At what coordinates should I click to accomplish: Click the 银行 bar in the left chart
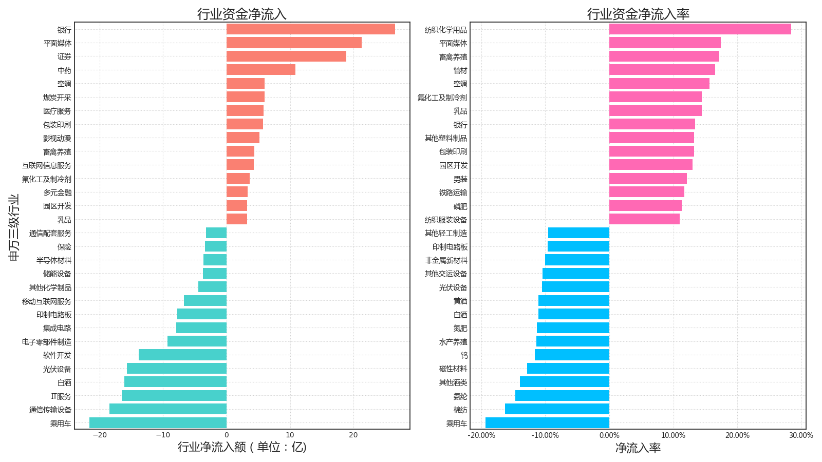310,29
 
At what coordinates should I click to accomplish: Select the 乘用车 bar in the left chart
158,423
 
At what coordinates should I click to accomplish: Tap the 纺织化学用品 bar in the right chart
700,29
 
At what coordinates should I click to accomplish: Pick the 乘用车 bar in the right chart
547,423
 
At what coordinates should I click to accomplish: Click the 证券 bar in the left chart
286,56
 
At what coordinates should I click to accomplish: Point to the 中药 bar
260,70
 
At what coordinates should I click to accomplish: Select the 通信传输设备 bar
167,409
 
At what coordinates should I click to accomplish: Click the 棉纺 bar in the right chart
557,409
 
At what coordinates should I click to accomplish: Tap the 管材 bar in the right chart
662,70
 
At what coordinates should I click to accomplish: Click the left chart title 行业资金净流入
241,14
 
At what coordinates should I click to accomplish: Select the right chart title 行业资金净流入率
638,14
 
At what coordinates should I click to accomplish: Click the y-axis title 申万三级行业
14,227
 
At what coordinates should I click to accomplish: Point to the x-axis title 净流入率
638,448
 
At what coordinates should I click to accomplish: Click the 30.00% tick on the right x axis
801,435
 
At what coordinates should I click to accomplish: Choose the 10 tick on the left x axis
290,435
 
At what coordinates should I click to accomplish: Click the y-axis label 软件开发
57,355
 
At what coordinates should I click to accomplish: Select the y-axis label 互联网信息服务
47,165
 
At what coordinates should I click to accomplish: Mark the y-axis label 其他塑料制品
446,138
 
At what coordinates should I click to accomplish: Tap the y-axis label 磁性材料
453,369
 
